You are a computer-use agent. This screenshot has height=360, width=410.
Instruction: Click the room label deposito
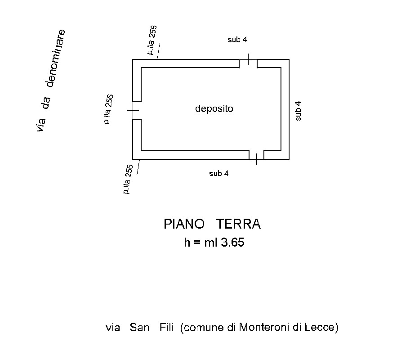tap(214, 108)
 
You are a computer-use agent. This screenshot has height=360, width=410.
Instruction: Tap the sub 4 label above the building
tap(237, 40)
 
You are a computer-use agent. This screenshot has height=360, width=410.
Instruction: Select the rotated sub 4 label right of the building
tap(298, 111)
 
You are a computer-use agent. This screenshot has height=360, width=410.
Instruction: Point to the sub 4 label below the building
tap(219, 173)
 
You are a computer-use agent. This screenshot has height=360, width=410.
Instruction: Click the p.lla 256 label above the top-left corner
tap(152, 40)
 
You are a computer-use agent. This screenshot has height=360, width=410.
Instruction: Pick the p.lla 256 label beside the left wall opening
tap(108, 109)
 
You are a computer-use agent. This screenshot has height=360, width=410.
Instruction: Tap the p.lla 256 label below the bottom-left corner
tap(128, 180)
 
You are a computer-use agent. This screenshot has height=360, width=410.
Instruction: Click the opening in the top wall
tap(248, 63)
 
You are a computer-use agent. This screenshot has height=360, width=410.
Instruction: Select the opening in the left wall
tap(137, 110)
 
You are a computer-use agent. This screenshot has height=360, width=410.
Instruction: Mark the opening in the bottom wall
tap(256, 155)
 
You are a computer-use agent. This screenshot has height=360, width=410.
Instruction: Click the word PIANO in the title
tap(184, 224)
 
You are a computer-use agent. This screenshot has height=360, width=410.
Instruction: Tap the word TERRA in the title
tap(238, 224)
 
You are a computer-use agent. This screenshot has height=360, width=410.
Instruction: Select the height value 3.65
tap(232, 243)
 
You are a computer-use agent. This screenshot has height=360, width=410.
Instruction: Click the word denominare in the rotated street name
tap(55, 58)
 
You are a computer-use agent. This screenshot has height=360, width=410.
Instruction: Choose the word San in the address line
tap(139, 328)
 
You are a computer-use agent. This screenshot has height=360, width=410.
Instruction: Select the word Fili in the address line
tap(166, 327)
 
